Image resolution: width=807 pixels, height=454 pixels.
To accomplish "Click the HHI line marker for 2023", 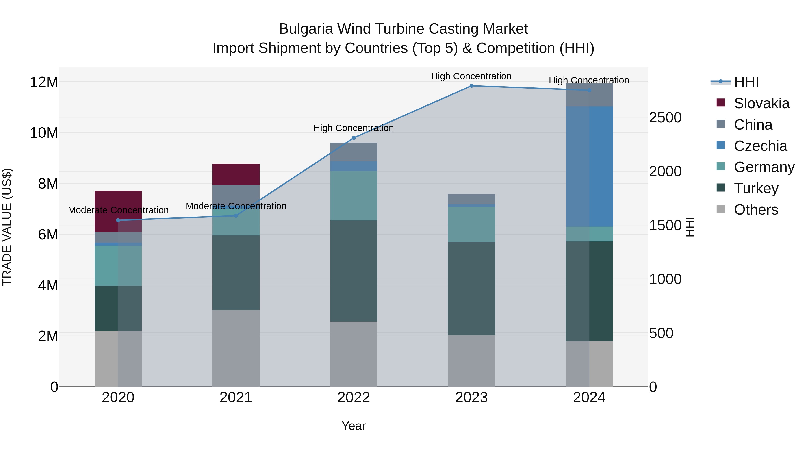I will click(471, 86).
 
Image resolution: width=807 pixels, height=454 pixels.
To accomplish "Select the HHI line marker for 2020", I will click(118, 220).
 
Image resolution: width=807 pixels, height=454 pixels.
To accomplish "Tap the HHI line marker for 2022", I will click(354, 138).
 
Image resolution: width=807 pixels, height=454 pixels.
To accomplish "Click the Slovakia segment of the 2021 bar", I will click(236, 174).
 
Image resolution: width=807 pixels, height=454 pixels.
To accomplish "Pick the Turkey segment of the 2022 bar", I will click(354, 271).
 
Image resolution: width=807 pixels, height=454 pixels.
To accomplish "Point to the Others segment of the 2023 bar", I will click(471, 361).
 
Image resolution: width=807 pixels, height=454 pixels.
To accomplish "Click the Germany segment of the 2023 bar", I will click(471, 224).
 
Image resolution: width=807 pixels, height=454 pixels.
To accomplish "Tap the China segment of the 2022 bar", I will click(354, 152).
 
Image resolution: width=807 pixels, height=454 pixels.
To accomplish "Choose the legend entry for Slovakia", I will click(761, 103).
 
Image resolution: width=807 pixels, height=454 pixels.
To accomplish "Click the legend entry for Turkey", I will click(756, 188).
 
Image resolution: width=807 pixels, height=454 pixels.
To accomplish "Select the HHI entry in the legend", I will click(746, 82).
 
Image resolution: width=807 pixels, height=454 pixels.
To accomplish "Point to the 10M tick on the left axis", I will click(44, 133).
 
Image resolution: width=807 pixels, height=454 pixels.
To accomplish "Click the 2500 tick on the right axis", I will click(665, 118).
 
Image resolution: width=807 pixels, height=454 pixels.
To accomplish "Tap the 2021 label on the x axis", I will click(236, 398).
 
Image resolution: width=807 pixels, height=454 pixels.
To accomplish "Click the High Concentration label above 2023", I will click(471, 76).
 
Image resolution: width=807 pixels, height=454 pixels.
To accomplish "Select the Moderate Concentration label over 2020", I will click(118, 210).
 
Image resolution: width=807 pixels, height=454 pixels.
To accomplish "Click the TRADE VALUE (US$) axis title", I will click(7, 227).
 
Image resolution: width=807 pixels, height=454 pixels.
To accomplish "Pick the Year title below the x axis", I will click(354, 426).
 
